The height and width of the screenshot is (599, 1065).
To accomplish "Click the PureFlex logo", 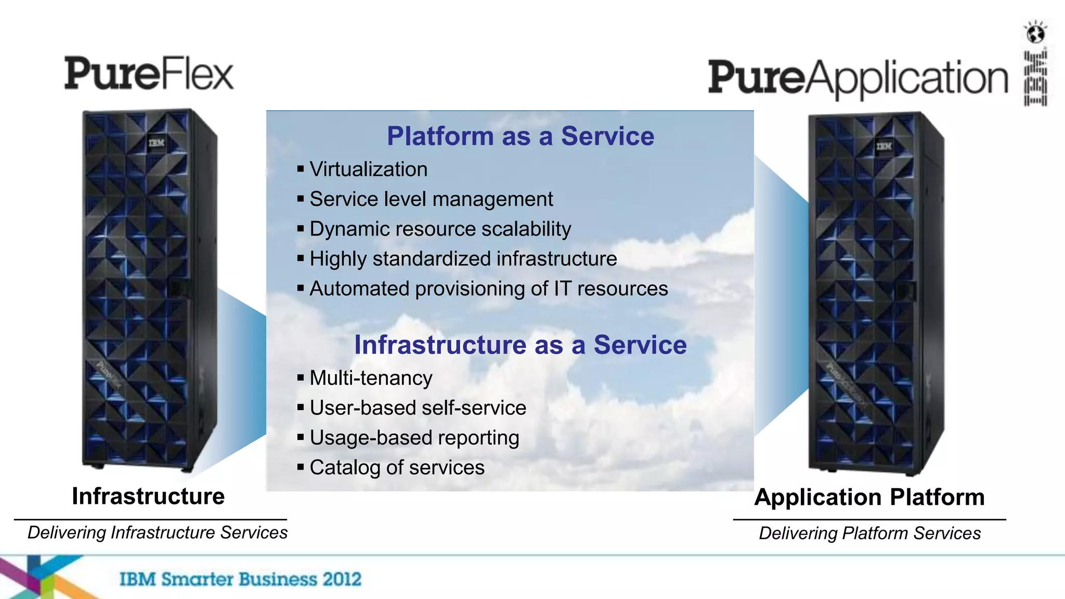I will (149, 74).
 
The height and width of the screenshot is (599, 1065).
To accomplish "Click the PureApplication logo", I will (858, 78).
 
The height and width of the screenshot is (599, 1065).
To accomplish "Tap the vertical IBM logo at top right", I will (1035, 78).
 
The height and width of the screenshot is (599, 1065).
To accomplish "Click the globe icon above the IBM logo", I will (1035, 33).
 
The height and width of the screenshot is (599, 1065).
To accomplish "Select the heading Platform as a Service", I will (520, 136).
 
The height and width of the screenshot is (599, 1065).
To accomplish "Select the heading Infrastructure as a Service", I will (520, 345).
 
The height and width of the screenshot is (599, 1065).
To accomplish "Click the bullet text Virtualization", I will (368, 170).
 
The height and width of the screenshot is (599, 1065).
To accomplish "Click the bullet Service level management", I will (431, 199).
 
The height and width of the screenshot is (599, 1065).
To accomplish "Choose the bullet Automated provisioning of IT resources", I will (488, 289).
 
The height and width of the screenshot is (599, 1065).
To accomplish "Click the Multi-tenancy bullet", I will (371, 378).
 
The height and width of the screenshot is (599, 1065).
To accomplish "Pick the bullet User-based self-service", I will (418, 408).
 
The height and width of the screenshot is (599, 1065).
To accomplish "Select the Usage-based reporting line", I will (414, 438).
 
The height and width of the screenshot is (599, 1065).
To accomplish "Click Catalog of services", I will (397, 467).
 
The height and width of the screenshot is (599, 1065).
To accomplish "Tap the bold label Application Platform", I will (869, 497).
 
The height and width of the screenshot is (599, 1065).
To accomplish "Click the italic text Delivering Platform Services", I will (869, 533).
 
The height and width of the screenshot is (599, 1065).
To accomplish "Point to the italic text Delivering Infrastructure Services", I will (157, 532).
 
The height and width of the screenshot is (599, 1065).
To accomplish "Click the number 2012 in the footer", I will (341, 579).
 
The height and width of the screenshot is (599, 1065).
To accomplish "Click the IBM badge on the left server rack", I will (156, 142).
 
